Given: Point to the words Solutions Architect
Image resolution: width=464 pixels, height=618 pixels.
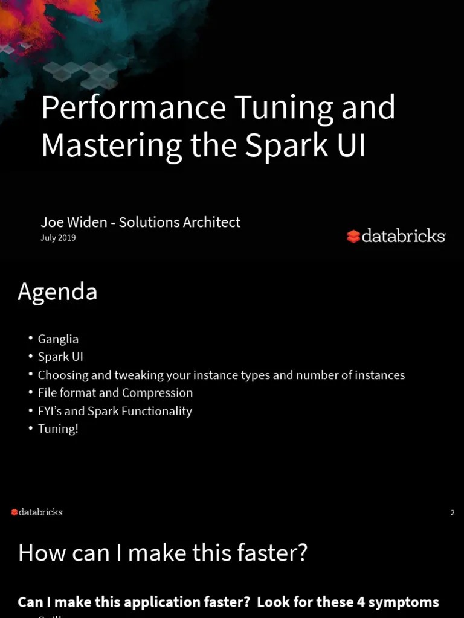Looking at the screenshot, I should click(179, 222).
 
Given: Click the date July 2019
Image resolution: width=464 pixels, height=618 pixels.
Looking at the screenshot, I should click(58, 238).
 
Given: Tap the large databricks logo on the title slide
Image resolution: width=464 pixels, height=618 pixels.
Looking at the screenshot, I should click(396, 236).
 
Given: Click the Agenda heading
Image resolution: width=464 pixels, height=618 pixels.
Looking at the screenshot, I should click(57, 292).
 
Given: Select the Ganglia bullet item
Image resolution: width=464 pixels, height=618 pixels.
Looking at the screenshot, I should click(58, 339).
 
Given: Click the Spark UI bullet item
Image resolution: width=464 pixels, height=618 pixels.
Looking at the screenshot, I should click(60, 357).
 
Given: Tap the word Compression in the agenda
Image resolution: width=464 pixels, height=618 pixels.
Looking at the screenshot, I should click(158, 393).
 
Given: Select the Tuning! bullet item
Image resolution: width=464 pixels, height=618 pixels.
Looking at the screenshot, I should click(58, 429).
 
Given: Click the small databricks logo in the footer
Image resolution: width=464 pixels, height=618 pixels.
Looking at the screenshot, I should click(37, 512).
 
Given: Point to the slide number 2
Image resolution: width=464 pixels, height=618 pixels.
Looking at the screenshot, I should click(453, 513).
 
